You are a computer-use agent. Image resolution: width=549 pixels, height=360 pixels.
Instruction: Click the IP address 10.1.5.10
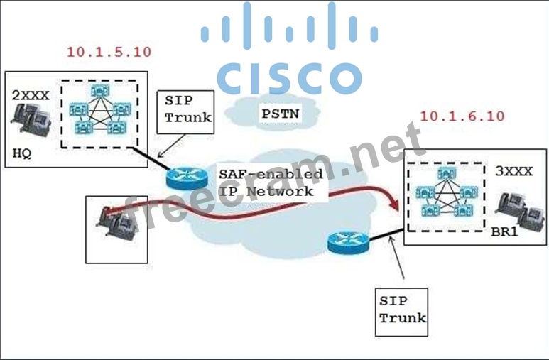(109, 52)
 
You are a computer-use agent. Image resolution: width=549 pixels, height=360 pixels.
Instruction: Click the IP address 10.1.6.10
(462, 116)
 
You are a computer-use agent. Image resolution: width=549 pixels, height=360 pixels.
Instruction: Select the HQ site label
(22, 153)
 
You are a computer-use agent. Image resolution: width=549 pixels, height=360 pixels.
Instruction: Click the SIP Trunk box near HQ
(187, 109)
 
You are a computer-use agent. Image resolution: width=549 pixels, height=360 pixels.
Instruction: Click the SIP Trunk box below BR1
(402, 310)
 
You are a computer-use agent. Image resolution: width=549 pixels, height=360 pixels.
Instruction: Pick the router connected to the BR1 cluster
(347, 244)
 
